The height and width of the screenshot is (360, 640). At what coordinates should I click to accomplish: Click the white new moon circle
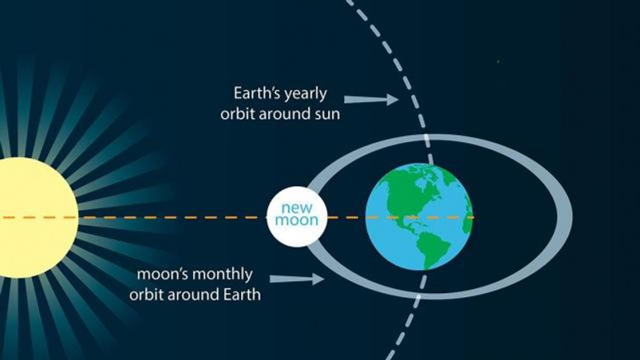297,217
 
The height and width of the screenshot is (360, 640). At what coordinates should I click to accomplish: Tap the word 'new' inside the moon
297,208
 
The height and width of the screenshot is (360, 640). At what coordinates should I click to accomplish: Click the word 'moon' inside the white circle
297,220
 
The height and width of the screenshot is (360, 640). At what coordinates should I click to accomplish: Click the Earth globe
419,217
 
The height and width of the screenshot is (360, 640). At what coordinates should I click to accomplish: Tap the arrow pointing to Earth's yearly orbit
371,99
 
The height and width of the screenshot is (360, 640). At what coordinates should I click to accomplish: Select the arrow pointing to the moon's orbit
297,278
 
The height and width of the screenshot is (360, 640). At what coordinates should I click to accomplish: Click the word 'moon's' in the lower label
162,275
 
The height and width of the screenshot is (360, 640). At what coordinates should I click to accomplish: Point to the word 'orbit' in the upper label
237,114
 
